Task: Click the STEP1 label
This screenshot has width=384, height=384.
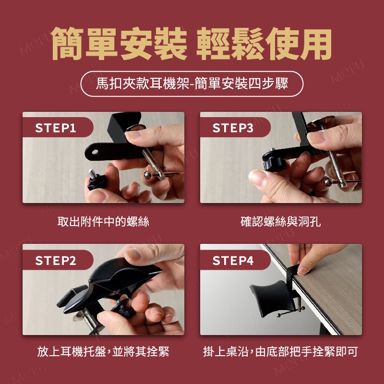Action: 56,128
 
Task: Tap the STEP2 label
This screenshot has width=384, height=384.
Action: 56,260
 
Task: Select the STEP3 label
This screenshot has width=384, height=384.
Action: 233,128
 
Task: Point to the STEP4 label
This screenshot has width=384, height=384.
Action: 233,260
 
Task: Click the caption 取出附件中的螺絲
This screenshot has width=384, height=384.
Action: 103,222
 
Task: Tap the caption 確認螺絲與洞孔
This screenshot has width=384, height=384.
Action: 280,222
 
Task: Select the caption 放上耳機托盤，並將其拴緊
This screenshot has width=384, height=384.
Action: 103,351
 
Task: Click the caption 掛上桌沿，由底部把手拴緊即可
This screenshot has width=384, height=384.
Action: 280,351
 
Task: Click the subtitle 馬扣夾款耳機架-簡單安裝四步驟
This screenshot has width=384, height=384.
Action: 192,84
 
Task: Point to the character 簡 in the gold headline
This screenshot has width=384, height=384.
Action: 67,44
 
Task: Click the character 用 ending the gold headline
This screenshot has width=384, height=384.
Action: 316,44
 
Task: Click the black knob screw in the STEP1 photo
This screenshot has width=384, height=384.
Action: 97,181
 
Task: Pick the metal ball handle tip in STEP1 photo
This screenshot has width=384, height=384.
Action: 147,175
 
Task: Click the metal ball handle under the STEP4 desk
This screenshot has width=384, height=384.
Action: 279,315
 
